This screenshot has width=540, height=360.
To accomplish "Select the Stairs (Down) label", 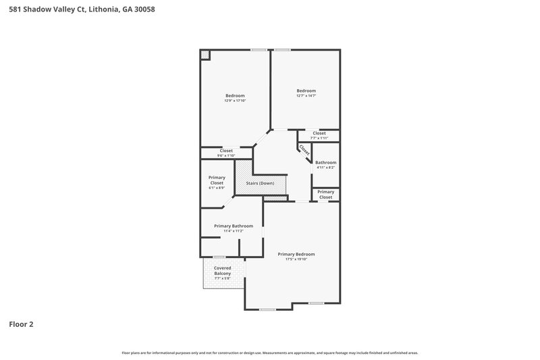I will click(260, 184).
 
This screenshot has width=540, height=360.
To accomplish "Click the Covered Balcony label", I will click(222, 270).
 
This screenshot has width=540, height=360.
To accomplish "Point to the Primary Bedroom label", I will click(296, 254).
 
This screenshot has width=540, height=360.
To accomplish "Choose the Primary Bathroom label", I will click(234, 226).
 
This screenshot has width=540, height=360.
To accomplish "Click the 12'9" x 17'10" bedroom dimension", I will click(235, 101).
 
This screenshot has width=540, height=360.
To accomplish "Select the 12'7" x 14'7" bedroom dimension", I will click(306, 96).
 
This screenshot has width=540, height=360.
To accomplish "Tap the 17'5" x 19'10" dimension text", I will click(296, 259).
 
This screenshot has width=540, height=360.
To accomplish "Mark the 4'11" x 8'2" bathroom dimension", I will click(325, 168).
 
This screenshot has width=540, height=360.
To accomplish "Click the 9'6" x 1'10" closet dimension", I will click(226, 156).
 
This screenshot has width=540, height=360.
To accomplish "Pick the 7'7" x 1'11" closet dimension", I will click(319, 138).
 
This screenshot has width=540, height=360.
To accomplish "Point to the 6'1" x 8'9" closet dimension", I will click(217, 188).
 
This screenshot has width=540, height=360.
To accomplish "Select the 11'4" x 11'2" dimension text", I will click(234, 231).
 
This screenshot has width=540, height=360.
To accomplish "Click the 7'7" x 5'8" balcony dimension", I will click(222, 278).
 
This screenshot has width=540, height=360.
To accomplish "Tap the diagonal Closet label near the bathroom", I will click(304, 150).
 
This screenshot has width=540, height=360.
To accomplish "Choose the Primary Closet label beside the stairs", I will click(217, 180).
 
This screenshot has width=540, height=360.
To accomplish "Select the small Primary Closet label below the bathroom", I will click(325, 195).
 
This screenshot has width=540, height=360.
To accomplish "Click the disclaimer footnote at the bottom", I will click(270, 353).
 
